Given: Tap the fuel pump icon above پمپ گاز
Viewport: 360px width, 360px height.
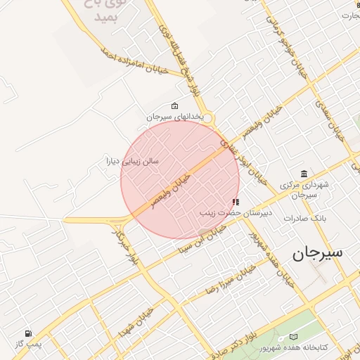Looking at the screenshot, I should click(x=28, y=334).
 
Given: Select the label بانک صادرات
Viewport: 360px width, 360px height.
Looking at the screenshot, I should click(x=303, y=218).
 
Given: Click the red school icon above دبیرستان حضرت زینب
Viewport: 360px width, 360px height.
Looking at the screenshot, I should click(x=235, y=202).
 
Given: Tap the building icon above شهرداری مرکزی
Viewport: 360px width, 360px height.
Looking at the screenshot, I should click(x=303, y=174).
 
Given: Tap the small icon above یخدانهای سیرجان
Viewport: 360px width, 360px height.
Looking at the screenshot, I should click(x=174, y=106).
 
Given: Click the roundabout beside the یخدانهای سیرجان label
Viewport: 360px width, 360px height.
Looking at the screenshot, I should click(x=209, y=120).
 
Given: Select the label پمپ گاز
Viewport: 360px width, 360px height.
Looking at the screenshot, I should click(x=29, y=345).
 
